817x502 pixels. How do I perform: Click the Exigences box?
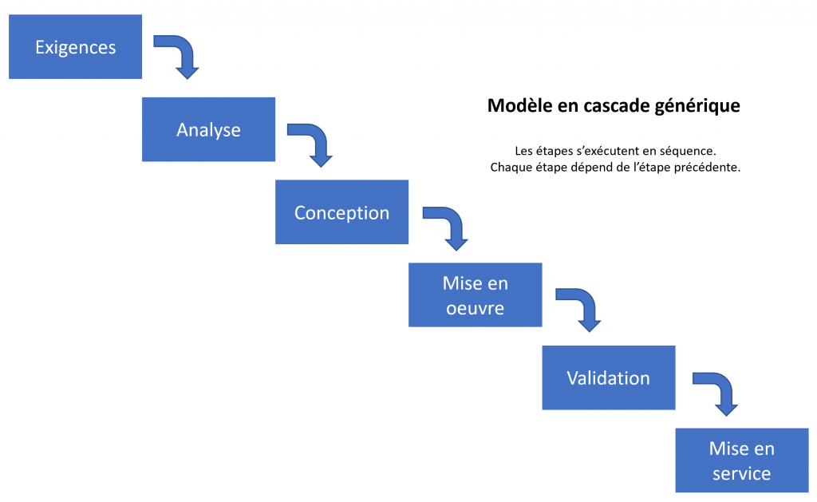[76, 47]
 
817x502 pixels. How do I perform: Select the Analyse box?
[208, 129]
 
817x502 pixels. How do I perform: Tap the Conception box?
[341, 212]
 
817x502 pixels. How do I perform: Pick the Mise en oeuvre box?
[476, 295]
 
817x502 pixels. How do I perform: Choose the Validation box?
[609, 377]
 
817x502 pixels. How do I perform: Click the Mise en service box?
[742, 460]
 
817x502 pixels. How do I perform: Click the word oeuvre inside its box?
[476, 309]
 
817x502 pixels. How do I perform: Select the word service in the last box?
[742, 474]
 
